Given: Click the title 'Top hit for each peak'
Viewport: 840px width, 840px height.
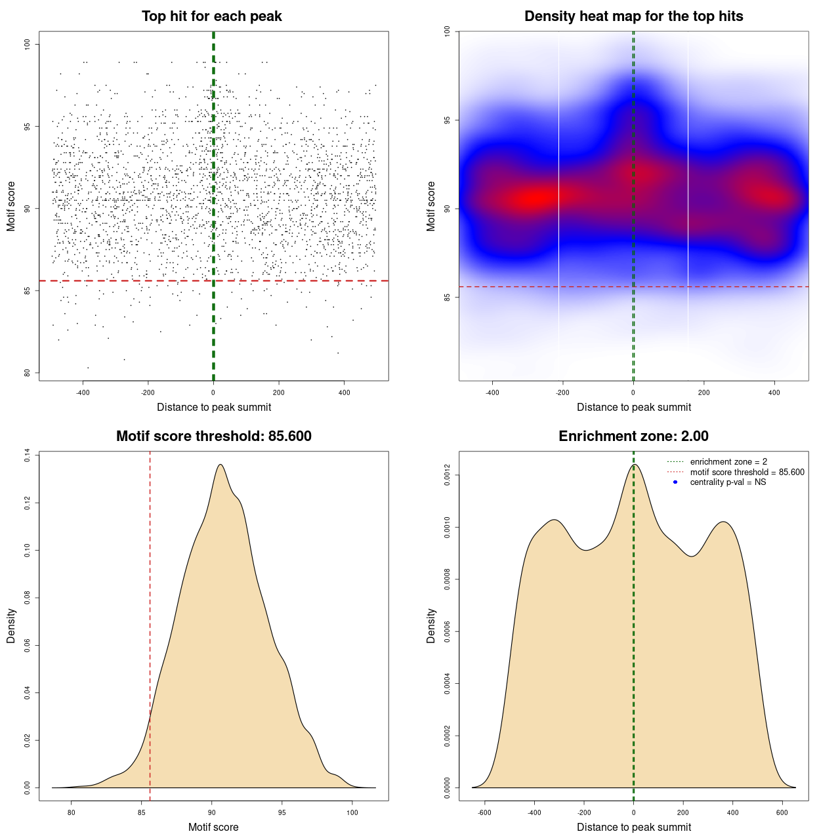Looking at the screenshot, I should [x=212, y=16].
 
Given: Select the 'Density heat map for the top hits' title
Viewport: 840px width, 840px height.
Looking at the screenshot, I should [x=633, y=16].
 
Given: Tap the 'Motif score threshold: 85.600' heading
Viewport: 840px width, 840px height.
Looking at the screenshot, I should [x=213, y=436].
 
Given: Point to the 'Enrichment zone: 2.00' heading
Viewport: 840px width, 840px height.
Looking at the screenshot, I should [x=633, y=436].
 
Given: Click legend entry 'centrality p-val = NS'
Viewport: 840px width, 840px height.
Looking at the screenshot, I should [x=728, y=482].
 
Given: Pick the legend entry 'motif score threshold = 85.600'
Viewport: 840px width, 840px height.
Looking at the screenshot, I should [x=747, y=472].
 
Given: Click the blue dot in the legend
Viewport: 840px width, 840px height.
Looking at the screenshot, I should [x=675, y=482].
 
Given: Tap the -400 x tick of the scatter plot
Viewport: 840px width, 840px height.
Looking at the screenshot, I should [x=83, y=393].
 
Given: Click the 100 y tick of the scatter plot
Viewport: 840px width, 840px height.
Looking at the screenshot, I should [x=27, y=44].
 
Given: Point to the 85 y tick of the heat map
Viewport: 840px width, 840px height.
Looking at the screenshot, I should [x=447, y=297].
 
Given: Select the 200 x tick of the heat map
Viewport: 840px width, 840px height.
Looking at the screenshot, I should [x=704, y=393].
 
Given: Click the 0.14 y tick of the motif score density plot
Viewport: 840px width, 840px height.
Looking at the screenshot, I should [x=27, y=455].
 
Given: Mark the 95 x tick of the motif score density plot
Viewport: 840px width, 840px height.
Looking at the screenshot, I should [x=282, y=813].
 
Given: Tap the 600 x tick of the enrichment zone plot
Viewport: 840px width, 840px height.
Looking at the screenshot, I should [x=782, y=813].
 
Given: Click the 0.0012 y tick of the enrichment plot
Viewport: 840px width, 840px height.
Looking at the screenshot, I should [x=447, y=475].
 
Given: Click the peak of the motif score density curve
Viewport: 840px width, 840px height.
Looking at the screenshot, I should [x=220, y=465].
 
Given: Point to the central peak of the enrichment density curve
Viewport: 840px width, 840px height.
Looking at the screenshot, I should [x=634, y=465].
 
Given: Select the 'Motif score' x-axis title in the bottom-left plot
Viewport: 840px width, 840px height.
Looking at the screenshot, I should [x=213, y=828].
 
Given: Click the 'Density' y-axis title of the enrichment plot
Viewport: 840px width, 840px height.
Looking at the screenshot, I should [x=431, y=625].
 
